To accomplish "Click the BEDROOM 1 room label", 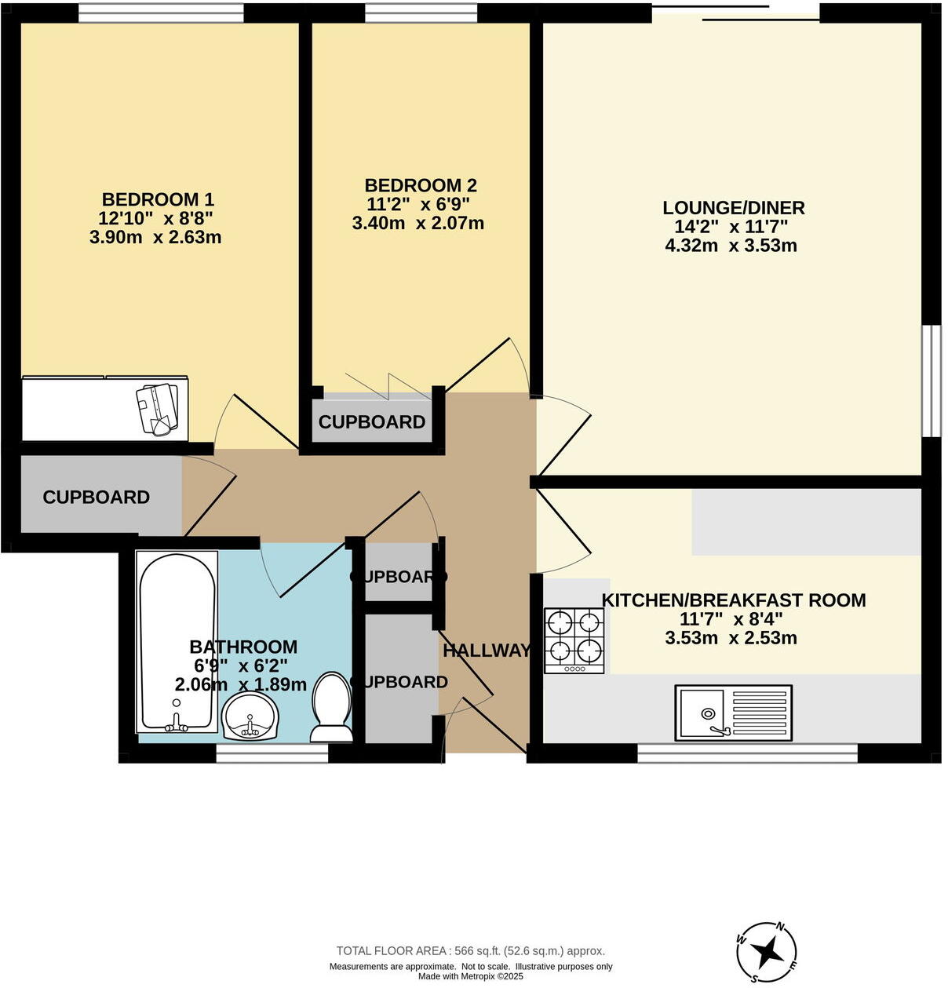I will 158,199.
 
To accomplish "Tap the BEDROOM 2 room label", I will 421,185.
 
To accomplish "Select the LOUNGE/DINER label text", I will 734,208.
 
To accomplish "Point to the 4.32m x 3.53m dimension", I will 731,245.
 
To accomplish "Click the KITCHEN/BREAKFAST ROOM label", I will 734,600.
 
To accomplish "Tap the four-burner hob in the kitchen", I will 574,640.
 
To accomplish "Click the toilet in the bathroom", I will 331,706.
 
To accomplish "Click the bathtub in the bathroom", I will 177,640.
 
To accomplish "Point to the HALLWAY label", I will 487,651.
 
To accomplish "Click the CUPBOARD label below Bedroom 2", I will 372,422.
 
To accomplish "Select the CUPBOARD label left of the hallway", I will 96,498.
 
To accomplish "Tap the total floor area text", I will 471,951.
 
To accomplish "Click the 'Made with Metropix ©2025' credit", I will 471,977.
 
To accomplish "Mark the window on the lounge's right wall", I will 931,381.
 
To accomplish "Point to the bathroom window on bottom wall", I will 272,754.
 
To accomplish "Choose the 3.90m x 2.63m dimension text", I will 155,237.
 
